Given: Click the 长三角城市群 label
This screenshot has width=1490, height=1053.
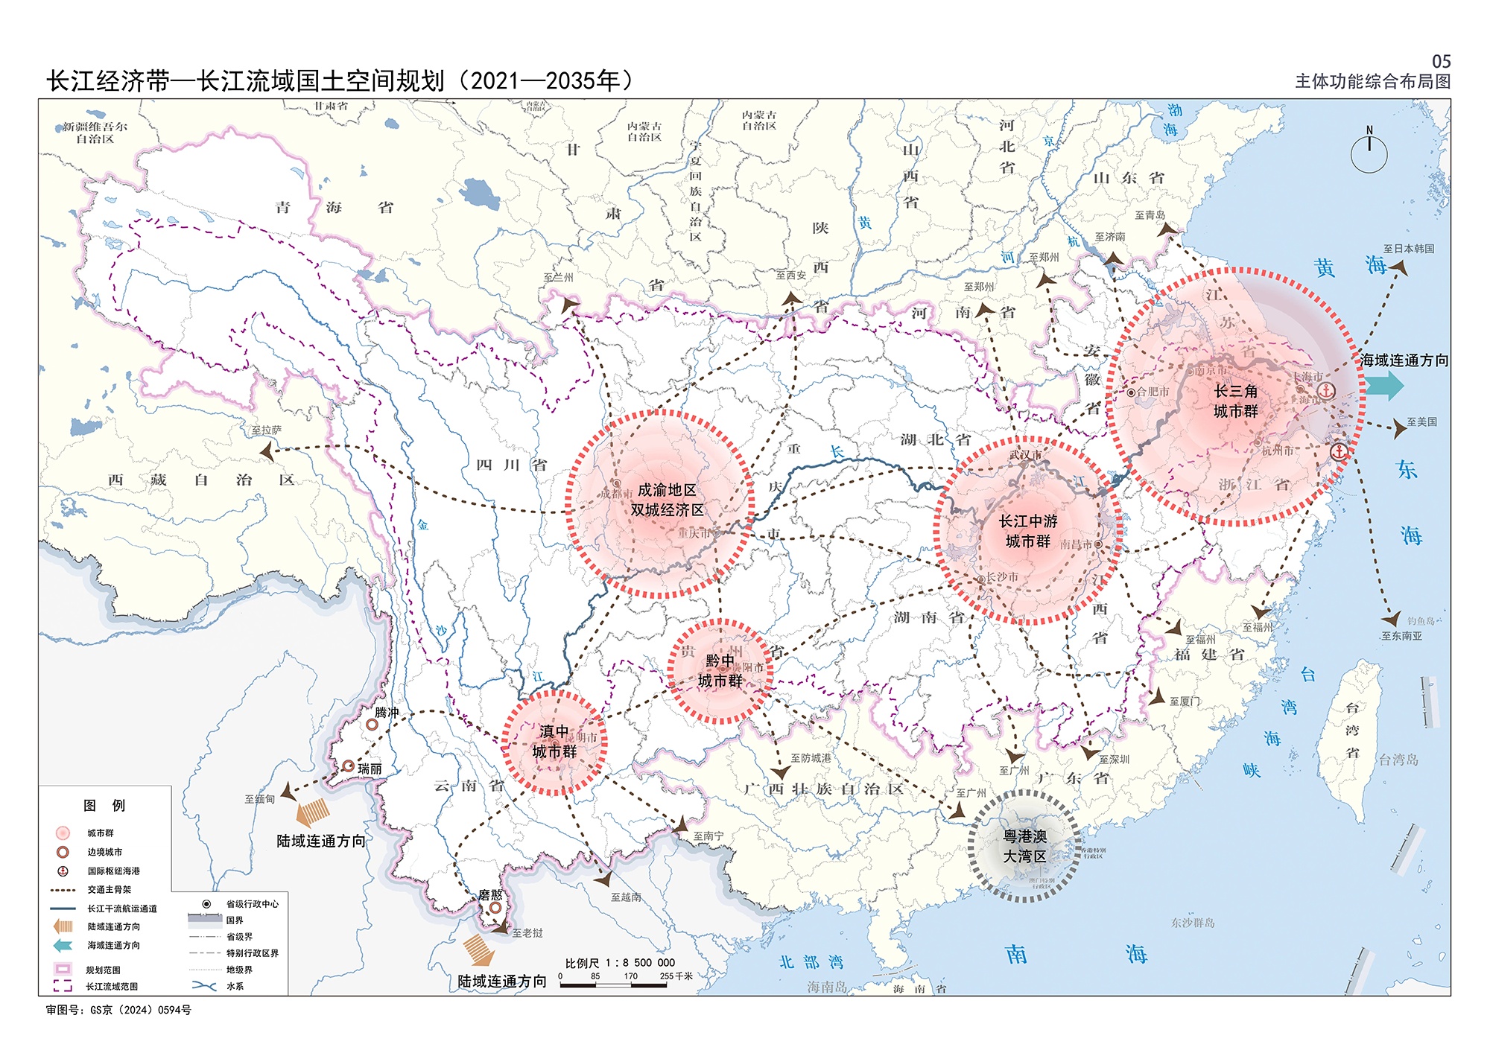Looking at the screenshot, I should [x=1235, y=401].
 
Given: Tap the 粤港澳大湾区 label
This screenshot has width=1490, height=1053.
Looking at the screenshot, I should [x=1025, y=847].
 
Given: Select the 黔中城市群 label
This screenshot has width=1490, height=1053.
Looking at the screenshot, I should [x=720, y=671].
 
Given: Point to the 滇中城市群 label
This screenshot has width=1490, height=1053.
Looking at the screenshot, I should [x=554, y=742].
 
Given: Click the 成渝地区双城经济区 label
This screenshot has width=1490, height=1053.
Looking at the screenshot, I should [x=667, y=500].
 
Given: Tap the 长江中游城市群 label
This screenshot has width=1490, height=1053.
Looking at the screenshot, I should [x=1028, y=531].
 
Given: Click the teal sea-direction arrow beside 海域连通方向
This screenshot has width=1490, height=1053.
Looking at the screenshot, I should [x=1384, y=386].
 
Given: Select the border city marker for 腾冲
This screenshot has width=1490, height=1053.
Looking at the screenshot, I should [x=372, y=724].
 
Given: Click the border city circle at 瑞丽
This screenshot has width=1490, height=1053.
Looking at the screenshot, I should [x=348, y=766].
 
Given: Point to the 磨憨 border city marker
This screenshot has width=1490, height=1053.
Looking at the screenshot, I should [x=495, y=908].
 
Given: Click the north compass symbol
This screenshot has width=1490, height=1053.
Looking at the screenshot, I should [x=1369, y=152].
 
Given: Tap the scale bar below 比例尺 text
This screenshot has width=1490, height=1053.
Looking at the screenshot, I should [x=613, y=985].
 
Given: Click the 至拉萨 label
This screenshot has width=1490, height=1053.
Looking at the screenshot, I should [x=266, y=430].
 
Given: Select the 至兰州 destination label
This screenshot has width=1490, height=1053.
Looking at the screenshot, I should [x=558, y=277].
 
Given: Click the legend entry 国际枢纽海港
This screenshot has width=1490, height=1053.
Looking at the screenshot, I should [x=113, y=871].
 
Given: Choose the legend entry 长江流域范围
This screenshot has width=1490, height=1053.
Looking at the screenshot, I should [x=112, y=987].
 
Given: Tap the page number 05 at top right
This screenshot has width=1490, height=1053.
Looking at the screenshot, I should [x=1441, y=62].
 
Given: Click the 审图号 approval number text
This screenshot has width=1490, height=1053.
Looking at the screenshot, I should [x=118, y=1011].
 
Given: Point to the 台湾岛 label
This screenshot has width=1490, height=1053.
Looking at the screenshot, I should [x=1398, y=760].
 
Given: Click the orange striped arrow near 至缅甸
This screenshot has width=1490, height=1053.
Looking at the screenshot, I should [x=313, y=811].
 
